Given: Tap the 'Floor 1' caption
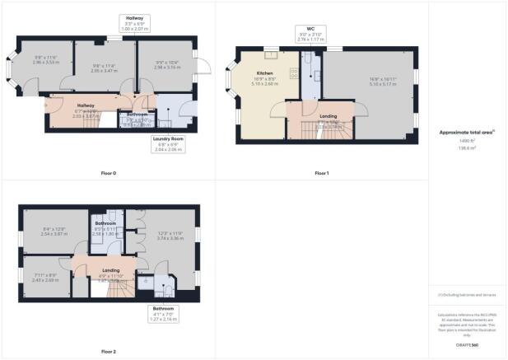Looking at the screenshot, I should click(x=321, y=173).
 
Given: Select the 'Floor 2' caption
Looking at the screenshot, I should click(x=109, y=352).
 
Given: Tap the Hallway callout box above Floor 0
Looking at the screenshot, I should click(x=133, y=24).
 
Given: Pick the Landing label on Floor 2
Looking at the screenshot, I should click(x=111, y=269).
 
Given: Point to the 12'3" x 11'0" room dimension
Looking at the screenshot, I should click(x=170, y=235).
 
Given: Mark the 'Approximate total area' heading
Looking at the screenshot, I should click(x=467, y=133).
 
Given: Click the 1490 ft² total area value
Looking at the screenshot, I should click(x=467, y=142).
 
